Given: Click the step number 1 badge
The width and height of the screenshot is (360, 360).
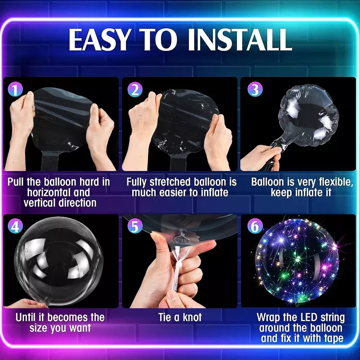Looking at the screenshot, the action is [15, 89].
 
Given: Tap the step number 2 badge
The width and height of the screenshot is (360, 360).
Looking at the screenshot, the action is [135, 89].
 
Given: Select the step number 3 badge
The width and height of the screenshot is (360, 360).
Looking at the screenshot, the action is [255, 89].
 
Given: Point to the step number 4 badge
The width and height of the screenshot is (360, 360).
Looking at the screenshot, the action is [15, 226].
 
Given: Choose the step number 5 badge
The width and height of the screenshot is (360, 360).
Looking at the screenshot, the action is [135, 226].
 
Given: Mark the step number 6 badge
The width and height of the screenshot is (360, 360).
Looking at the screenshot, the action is [255, 226].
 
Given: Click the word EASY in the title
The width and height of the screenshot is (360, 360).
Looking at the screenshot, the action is [99, 40].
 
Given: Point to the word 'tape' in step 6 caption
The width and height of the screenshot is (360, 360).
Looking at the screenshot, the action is [333, 338].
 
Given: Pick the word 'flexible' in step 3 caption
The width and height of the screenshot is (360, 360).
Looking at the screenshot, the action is [336, 182].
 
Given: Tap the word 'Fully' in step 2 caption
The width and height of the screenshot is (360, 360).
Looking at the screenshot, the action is [137, 182].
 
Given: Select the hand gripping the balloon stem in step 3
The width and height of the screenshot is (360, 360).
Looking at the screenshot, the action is [261, 158].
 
